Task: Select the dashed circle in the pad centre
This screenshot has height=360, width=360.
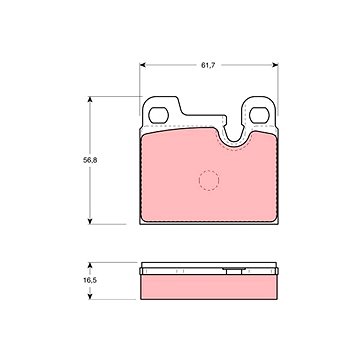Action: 208,181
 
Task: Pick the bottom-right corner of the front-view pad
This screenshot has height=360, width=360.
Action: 276,221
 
